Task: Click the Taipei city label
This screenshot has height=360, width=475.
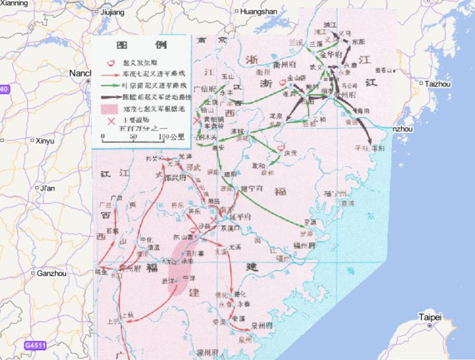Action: [430, 317]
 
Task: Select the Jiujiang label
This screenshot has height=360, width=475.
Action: [112, 12]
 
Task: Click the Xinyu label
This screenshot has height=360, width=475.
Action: [45, 141]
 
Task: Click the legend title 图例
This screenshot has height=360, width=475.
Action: [141, 46]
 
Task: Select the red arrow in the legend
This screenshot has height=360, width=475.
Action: [112, 74]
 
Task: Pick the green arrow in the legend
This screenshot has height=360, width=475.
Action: [112, 85]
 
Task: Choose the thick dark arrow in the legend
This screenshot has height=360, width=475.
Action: [112, 96]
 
